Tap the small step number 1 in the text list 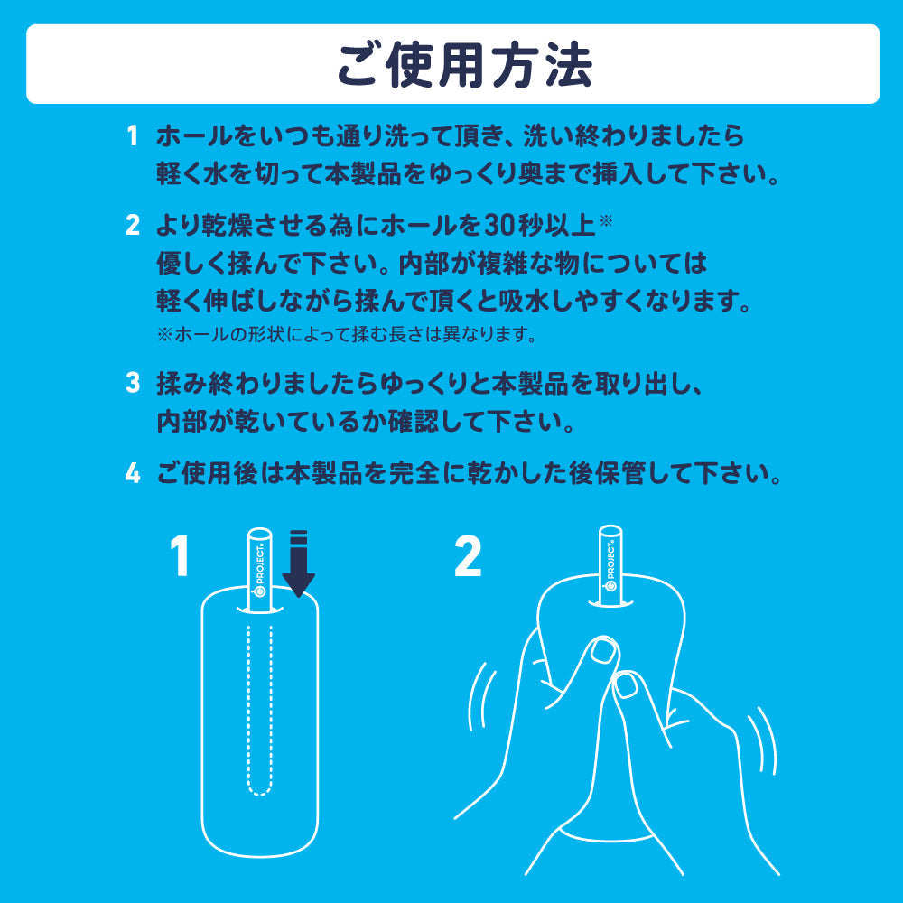point(132,137)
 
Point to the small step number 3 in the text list point(132,383)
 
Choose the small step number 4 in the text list point(132,472)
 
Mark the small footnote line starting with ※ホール point(347,335)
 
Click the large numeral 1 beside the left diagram point(181,555)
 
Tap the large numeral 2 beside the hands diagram point(468,555)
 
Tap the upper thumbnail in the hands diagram point(600,650)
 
